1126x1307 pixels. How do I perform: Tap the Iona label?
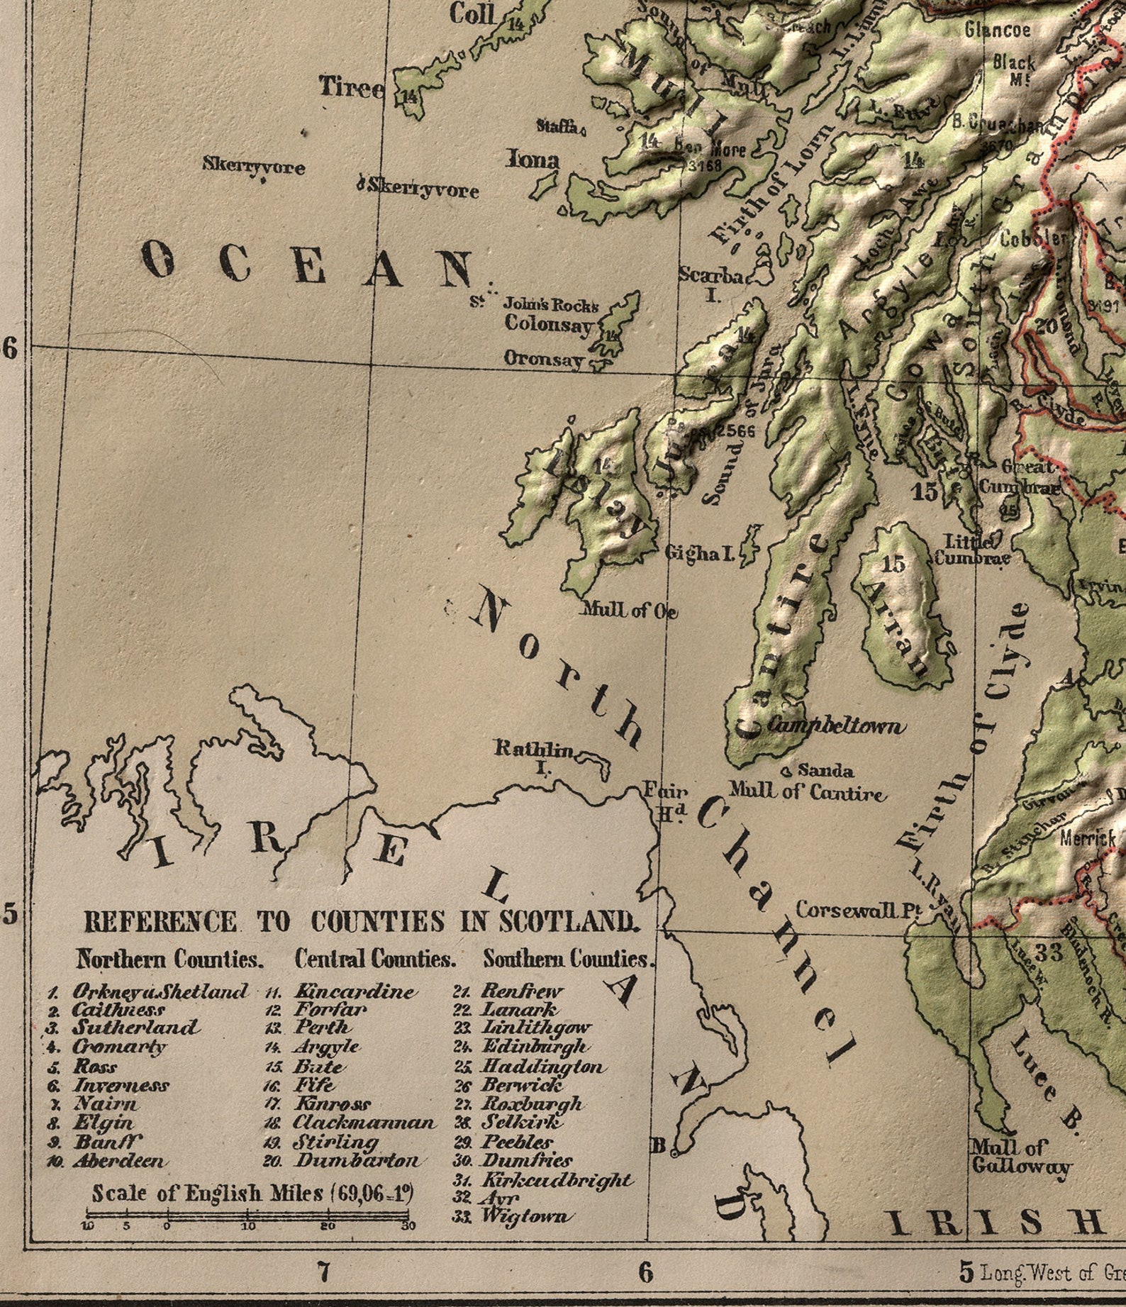[533, 160]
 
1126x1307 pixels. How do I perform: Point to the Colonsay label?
[548, 325]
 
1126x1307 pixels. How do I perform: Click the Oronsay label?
[544, 359]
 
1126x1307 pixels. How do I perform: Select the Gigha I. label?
[699, 554]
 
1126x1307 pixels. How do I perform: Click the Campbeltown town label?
[836, 726]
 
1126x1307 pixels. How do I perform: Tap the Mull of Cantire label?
[808, 792]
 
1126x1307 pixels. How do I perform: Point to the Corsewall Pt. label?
[857, 911]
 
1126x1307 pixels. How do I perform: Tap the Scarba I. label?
[711, 282]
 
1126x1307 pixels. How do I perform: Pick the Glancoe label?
[997, 30]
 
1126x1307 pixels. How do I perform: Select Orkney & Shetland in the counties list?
[160, 991]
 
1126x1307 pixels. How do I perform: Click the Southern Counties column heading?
[567, 960]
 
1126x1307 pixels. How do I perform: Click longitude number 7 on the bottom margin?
[323, 1272]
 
